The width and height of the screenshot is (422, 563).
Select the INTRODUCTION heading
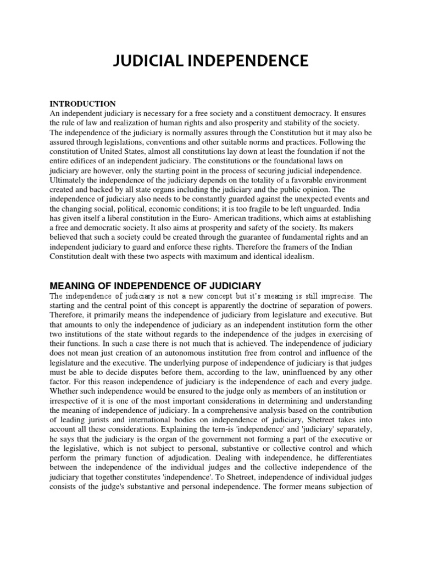tap(83, 104)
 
